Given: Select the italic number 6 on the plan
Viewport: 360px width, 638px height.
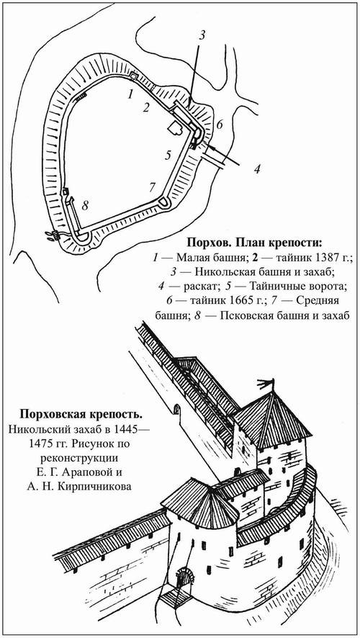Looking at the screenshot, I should pos(220,124).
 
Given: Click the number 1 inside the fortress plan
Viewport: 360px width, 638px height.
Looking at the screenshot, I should pos(130,94).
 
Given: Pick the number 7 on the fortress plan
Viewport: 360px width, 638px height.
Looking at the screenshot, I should pos(151,187).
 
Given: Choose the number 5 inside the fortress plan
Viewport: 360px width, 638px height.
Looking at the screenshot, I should pos(167,155).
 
